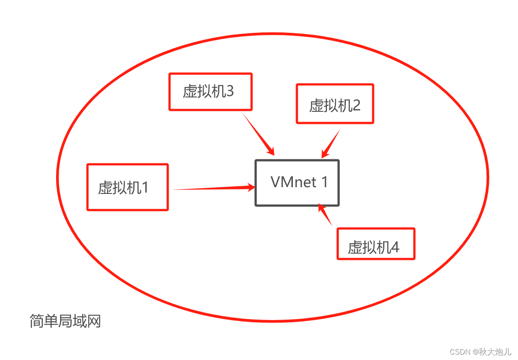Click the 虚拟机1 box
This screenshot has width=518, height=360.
point(127,187)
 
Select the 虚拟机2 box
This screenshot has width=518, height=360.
point(335,104)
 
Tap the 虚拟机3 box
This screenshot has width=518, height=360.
point(210,92)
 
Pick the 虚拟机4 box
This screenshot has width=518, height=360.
point(376,244)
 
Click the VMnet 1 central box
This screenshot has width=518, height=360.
point(297,183)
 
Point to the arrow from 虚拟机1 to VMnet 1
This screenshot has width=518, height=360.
point(211,189)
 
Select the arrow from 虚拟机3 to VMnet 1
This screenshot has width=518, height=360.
point(258,133)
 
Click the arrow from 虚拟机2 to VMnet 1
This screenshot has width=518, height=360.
point(331,143)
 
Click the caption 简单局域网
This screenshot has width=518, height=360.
point(65,321)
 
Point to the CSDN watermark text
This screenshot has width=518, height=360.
point(480,351)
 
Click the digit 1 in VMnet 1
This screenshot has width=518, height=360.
point(324,182)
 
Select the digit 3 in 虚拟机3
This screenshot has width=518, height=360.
point(230,92)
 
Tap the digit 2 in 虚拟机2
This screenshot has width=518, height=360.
point(356,105)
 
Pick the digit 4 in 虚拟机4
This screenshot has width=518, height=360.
point(395,247)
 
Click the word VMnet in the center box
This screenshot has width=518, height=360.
point(293,182)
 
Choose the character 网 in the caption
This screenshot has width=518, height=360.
point(94,321)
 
